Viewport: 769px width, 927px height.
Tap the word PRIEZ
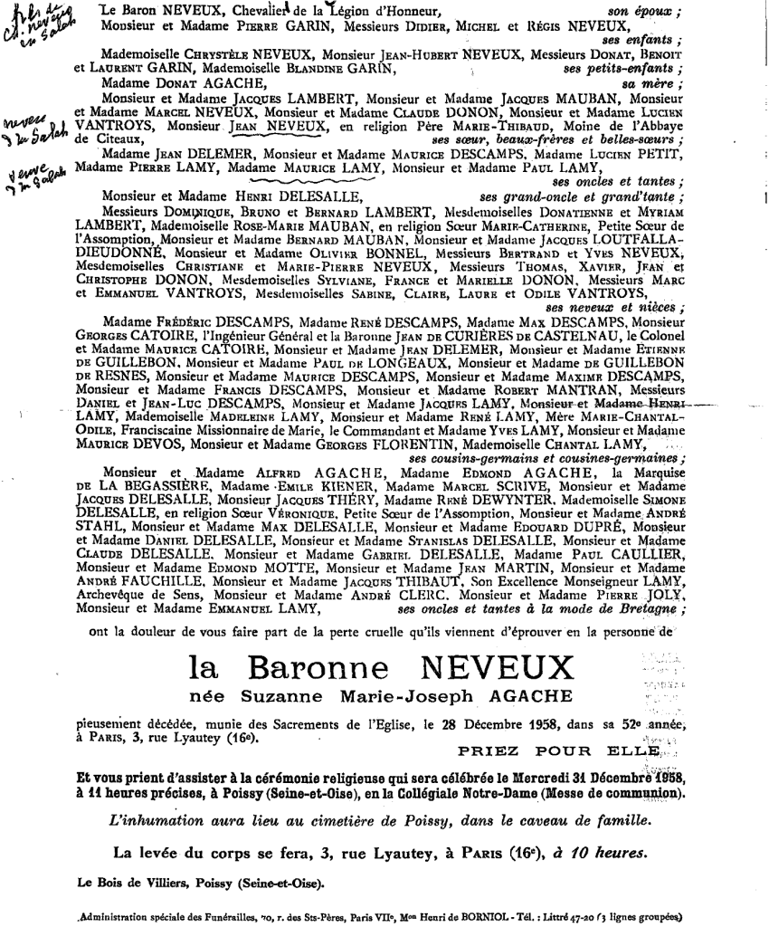489,750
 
